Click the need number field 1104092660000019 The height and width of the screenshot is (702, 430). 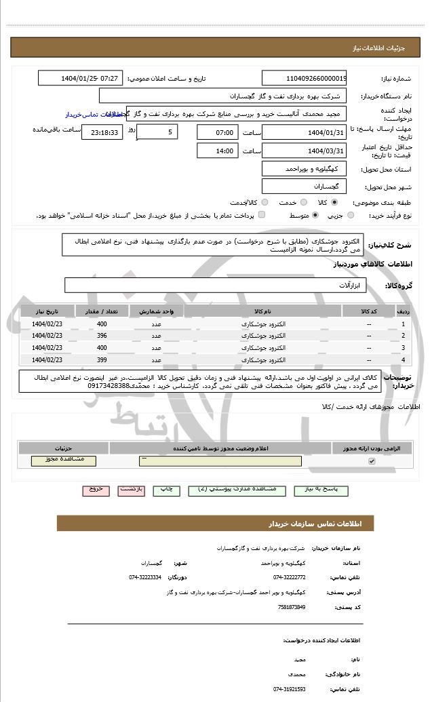pyautogui.click(x=305, y=78)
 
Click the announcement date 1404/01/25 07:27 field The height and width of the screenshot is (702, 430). pyautogui.click(x=79, y=78)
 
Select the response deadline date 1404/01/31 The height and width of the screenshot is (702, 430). pyautogui.click(x=305, y=132)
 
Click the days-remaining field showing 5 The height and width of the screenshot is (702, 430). pyautogui.click(x=157, y=132)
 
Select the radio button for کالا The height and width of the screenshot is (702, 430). pyautogui.click(x=334, y=202)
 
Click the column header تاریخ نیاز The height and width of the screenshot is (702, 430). pyautogui.click(x=47, y=311)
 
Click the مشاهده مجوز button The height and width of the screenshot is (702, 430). pyautogui.click(x=64, y=461)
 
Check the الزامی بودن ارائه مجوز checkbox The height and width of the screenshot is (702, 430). pyautogui.click(x=371, y=461)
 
